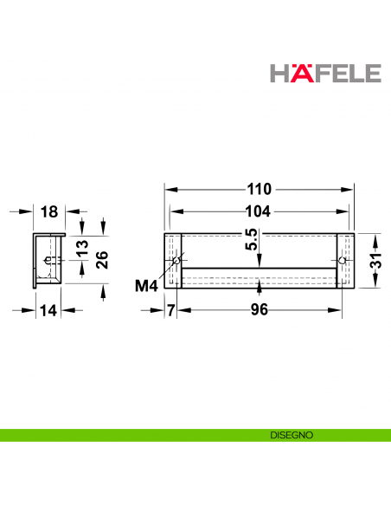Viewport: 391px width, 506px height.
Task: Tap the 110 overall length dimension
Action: (x=259, y=189)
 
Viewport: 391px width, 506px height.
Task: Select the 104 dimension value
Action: (x=259, y=211)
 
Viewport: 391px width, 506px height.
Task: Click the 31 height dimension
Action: (x=377, y=261)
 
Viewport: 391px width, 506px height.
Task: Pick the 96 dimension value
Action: (x=259, y=310)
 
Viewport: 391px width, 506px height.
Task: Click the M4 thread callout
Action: (x=148, y=284)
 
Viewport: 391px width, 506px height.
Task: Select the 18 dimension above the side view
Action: (x=48, y=211)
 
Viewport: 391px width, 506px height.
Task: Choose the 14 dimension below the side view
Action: (x=48, y=310)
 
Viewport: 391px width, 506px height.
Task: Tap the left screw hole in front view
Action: (x=176, y=261)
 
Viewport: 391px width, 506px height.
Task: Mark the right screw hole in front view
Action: (x=342, y=261)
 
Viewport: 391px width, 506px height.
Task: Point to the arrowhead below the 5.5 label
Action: (x=259, y=263)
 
